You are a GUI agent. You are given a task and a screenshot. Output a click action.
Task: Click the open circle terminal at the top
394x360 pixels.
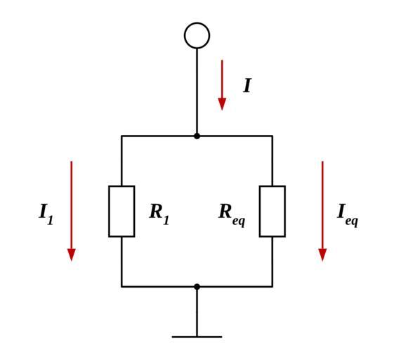click(x=197, y=24)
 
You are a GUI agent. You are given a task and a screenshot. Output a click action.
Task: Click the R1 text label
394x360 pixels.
click(x=159, y=214)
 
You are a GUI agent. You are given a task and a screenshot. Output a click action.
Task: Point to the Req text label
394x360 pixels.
click(x=232, y=215)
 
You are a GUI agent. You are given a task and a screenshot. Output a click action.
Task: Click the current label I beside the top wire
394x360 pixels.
click(x=247, y=86)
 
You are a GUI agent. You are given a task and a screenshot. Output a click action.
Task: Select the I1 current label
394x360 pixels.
click(x=46, y=214)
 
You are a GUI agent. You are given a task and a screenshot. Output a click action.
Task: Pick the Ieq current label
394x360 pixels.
click(x=348, y=215)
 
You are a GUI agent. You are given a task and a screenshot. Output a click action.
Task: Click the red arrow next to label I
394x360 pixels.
click(x=222, y=85)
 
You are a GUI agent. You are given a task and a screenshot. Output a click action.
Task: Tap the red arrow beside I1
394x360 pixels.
click(x=72, y=211)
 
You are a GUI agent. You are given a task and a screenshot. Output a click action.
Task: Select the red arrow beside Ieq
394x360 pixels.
click(x=322, y=211)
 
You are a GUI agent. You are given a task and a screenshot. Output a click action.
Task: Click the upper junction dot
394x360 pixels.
click(x=197, y=136)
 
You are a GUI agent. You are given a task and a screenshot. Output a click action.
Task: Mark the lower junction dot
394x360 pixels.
click(x=197, y=287)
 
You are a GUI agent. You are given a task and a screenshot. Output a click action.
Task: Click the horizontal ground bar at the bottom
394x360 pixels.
click(x=197, y=337)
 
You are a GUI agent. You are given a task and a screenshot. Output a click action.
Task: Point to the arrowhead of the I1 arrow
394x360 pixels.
click(x=72, y=255)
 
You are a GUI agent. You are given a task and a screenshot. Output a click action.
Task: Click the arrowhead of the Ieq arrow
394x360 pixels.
click(x=322, y=255)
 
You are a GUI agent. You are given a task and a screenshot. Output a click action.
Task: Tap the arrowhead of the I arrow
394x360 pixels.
click(x=222, y=104)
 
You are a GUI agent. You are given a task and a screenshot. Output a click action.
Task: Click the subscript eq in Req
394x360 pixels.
click(x=239, y=221)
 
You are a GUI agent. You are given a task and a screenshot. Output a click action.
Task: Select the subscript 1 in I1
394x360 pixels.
click(x=50, y=220)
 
